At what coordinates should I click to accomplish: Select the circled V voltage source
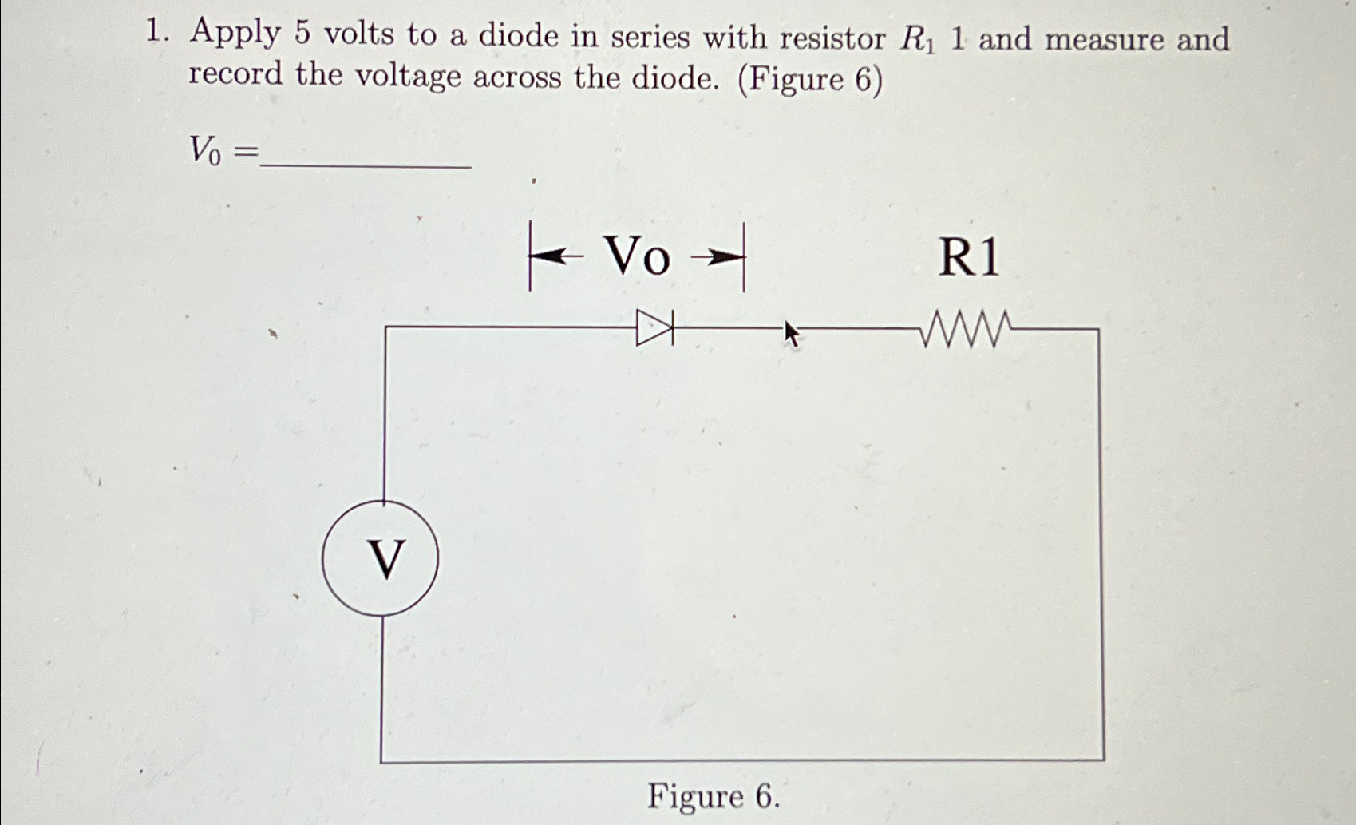381,558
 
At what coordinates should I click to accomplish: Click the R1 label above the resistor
968,258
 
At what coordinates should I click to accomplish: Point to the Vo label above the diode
637,257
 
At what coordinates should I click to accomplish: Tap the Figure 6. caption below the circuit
713,796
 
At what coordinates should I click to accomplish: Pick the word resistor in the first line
832,38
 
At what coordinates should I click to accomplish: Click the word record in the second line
235,75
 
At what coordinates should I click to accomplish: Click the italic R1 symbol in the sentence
916,40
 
